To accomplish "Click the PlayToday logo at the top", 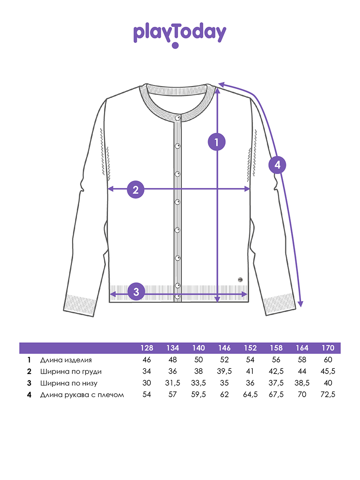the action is pyautogui.click(x=180, y=35).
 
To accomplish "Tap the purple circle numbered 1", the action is pyautogui.click(x=217, y=142).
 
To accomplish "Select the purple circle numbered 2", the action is pyautogui.click(x=136, y=190).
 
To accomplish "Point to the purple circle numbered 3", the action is pyautogui.click(x=136, y=292).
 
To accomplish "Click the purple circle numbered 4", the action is pyautogui.click(x=277, y=165).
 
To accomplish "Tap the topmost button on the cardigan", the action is pyautogui.click(x=178, y=118).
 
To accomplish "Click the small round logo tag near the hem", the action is pyautogui.click(x=240, y=280).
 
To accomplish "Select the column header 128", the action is pyautogui.click(x=147, y=348).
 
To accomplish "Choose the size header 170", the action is pyautogui.click(x=328, y=348).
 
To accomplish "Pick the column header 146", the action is pyautogui.click(x=224, y=348).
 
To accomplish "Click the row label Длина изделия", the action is pyautogui.click(x=66, y=360).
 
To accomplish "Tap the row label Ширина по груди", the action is pyautogui.click(x=71, y=372).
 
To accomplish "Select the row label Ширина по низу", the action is pyautogui.click(x=69, y=383).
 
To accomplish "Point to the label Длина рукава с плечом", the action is pyautogui.click(x=82, y=395).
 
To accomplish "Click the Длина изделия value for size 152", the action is pyautogui.click(x=250, y=360).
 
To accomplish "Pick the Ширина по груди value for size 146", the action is pyautogui.click(x=224, y=371).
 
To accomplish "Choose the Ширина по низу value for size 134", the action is pyautogui.click(x=172, y=383).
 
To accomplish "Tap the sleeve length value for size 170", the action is pyautogui.click(x=328, y=394).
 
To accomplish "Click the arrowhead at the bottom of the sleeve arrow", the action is pyautogui.click(x=300, y=304).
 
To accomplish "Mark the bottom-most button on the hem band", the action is pyautogui.click(x=178, y=296).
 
